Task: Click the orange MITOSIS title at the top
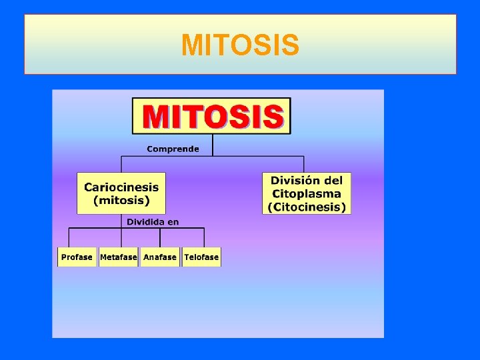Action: point(240,45)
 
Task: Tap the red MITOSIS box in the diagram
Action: point(211,116)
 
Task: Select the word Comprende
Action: point(173,149)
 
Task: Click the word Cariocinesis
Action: point(121,187)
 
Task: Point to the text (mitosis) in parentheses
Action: point(121,200)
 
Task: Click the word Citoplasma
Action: point(307,194)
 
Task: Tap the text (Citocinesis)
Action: point(307,207)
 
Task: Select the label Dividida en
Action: point(153,222)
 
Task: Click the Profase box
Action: point(77,257)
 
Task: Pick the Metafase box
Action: point(118,257)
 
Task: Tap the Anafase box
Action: point(160,257)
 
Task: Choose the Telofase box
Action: point(201,257)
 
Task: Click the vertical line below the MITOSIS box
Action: point(212,145)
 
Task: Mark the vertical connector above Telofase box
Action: point(204,238)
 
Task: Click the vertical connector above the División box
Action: point(304,165)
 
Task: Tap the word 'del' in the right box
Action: point(333,181)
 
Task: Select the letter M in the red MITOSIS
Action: point(157,116)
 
